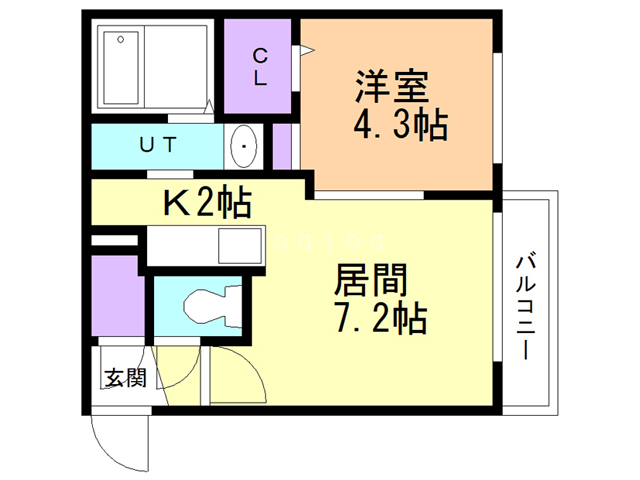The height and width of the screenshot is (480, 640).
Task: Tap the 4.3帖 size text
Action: click(x=399, y=127)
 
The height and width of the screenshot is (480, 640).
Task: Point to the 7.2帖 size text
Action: click(x=379, y=319)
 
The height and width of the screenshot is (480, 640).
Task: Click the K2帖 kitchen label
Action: click(x=207, y=203)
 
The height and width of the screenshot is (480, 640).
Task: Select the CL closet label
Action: click(x=259, y=67)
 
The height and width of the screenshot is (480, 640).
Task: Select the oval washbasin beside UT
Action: click(x=243, y=148)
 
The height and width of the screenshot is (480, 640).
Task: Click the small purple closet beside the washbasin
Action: click(x=282, y=146)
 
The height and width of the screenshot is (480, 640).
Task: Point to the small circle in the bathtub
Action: click(x=121, y=40)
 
